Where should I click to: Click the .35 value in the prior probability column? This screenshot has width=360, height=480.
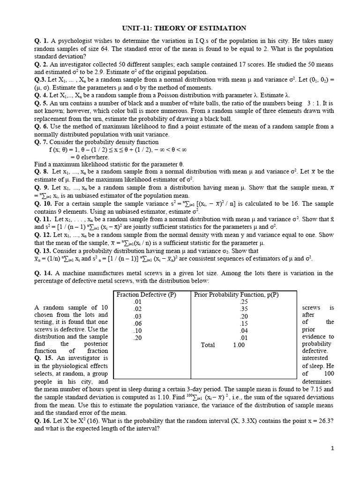243,309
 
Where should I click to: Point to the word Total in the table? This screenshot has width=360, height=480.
208,345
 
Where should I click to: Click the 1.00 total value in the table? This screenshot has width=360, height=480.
239,345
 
